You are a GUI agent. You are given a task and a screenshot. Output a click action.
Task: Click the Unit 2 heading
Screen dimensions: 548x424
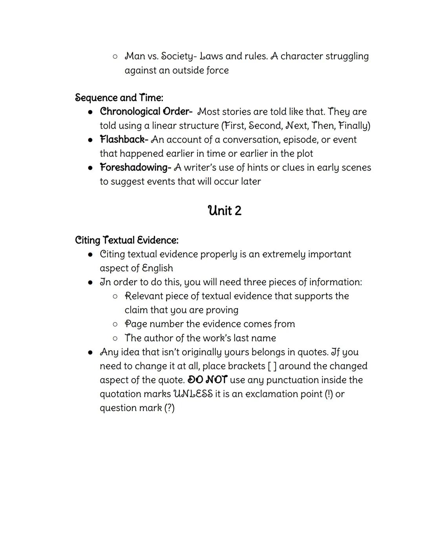click(225, 211)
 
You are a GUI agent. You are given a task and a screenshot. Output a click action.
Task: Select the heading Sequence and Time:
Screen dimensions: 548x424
click(119, 98)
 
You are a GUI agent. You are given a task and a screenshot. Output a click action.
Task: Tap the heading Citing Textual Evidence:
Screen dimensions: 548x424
click(126, 240)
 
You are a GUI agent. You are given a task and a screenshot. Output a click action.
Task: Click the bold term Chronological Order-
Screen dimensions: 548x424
click(146, 111)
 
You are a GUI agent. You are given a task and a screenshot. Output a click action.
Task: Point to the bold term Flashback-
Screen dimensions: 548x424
click(124, 139)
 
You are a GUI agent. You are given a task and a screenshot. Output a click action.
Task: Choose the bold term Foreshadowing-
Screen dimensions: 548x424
click(135, 167)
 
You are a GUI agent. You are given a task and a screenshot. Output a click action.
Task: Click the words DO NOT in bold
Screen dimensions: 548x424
click(207, 380)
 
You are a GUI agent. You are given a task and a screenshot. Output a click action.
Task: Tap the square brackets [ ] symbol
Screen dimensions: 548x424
click(272, 366)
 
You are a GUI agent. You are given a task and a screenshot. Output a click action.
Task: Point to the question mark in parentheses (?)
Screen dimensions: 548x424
click(169, 408)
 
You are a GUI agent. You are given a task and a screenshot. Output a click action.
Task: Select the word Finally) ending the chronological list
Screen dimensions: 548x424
click(354, 126)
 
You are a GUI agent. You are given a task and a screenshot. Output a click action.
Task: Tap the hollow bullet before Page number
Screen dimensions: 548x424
click(115, 324)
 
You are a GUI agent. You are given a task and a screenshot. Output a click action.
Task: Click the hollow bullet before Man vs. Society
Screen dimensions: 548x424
click(115, 56)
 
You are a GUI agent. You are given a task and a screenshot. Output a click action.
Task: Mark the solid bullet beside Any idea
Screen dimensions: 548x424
click(90, 352)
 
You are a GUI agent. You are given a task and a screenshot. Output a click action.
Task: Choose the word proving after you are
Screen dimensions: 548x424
click(222, 310)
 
